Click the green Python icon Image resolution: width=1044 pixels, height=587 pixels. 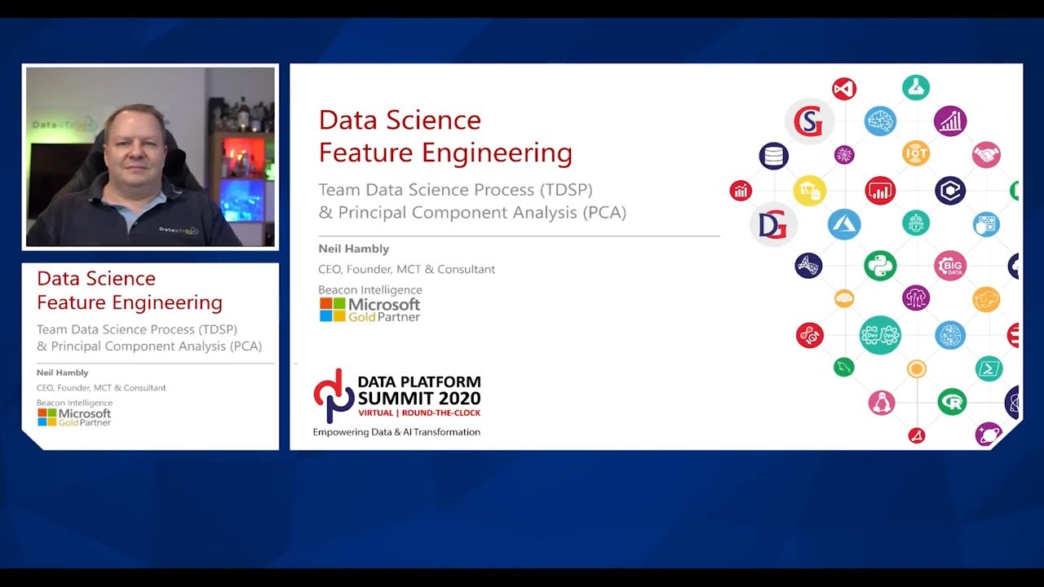[880, 266]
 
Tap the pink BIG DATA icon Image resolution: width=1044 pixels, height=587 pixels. [950, 266]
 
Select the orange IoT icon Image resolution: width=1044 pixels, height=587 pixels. [916, 152]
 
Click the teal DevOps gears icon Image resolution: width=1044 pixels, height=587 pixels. [880, 335]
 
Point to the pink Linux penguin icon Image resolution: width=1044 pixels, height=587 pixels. [881, 402]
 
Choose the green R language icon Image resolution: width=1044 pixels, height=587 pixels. [951, 402]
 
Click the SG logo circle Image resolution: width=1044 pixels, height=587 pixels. [809, 121]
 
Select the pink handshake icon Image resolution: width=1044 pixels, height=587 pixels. [986, 154]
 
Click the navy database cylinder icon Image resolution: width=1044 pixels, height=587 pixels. [773, 156]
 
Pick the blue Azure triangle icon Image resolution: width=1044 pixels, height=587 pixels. [844, 224]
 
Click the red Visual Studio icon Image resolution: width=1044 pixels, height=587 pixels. [844, 88]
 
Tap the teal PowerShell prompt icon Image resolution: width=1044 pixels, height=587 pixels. [989, 369]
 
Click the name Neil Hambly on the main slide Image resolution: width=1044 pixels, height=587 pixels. [353, 249]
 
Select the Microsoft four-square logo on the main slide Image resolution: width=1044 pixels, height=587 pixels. [332, 310]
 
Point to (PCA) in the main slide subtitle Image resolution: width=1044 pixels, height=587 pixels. [604, 213]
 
